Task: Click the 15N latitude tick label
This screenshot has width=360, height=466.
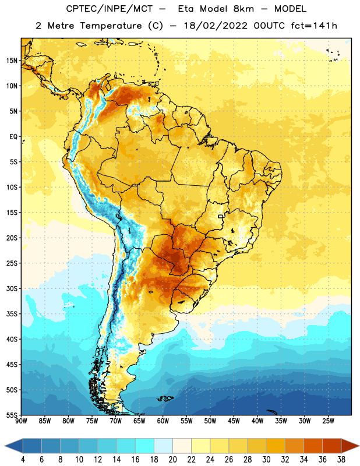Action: (11, 61)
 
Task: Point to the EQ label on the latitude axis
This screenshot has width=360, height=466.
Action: (13, 137)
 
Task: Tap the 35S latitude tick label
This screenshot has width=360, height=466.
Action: (12, 314)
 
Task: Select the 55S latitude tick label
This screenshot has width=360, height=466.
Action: (12, 415)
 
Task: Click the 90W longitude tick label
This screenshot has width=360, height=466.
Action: (21, 421)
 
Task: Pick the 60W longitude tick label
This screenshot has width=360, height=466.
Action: (163, 421)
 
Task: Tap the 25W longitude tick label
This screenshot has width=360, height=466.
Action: (328, 421)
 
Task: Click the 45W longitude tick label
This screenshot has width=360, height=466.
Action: (234, 421)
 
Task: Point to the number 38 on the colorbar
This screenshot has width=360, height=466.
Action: (341, 460)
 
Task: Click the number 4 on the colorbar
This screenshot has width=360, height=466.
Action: (23, 460)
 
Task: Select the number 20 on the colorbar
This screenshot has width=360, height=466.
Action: (172, 460)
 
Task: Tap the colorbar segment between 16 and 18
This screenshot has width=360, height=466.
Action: (144, 446)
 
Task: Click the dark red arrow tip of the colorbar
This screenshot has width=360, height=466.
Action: (351, 446)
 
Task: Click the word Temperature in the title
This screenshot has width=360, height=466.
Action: (111, 26)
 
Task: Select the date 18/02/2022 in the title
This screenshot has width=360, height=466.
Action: (216, 26)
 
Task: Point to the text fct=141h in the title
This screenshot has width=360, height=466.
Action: (314, 26)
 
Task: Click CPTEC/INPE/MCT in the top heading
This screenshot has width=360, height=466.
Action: (109, 9)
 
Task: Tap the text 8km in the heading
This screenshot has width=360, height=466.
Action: (243, 9)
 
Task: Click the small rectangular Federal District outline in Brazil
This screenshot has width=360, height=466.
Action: (221, 217)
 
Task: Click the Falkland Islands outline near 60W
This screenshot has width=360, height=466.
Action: (165, 398)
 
